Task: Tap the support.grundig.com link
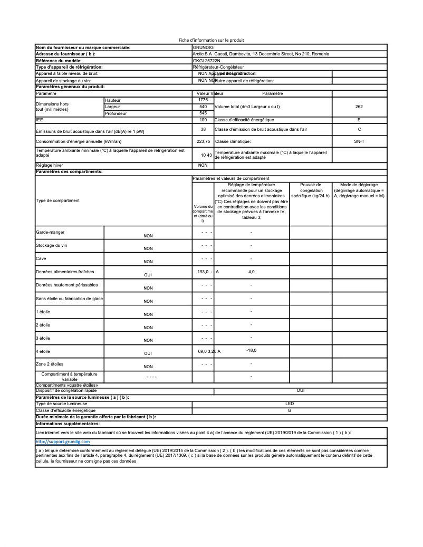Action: [62, 441]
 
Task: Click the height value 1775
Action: [203, 100]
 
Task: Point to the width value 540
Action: [203, 107]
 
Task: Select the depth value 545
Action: [203, 113]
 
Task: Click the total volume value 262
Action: [359, 107]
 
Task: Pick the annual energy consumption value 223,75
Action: [203, 141]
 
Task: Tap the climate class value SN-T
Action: [359, 141]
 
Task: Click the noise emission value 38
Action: [203, 129]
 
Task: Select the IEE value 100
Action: [203, 120]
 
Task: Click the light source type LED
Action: [290, 404]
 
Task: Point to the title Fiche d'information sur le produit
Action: [211, 40]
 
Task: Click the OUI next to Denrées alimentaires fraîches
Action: [148, 275]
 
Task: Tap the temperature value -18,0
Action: [251, 350]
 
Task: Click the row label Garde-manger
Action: [50, 232]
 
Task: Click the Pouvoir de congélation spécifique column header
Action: [311, 190]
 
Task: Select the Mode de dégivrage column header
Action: [359, 190]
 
